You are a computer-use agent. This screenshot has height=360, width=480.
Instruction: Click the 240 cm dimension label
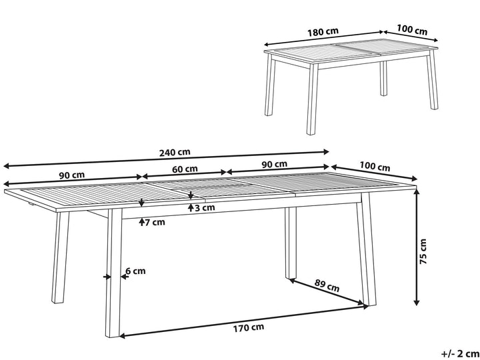tap(175, 152)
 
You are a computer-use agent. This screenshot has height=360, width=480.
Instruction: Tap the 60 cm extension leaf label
tap(185, 169)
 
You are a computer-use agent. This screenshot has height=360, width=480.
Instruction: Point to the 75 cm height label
tap(423, 251)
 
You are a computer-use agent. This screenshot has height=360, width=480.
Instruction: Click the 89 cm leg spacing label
tap(327, 285)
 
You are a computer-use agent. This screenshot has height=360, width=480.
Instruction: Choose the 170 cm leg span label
tap(249, 327)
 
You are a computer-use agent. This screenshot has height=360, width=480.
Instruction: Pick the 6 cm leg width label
tap(135, 271)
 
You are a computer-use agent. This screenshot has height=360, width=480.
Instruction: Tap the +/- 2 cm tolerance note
tap(459, 354)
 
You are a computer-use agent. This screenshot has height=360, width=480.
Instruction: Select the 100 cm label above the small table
tap(412, 30)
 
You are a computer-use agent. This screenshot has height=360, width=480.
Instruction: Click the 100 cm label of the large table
tap(375, 167)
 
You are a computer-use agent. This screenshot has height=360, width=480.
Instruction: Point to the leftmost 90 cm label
tap(71, 175)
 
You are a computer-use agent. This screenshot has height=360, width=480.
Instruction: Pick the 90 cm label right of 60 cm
tap(275, 164)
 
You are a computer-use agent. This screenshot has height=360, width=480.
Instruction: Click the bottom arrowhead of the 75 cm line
tap(416, 303)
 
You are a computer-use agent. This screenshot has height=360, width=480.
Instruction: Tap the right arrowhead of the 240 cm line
tap(326, 151)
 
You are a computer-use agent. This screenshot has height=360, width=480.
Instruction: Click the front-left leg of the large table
tap(113, 273)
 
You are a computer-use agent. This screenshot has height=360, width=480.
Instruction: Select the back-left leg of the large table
tap(60, 258)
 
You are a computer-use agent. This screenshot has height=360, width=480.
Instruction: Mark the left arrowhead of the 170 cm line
tap(123, 336)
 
